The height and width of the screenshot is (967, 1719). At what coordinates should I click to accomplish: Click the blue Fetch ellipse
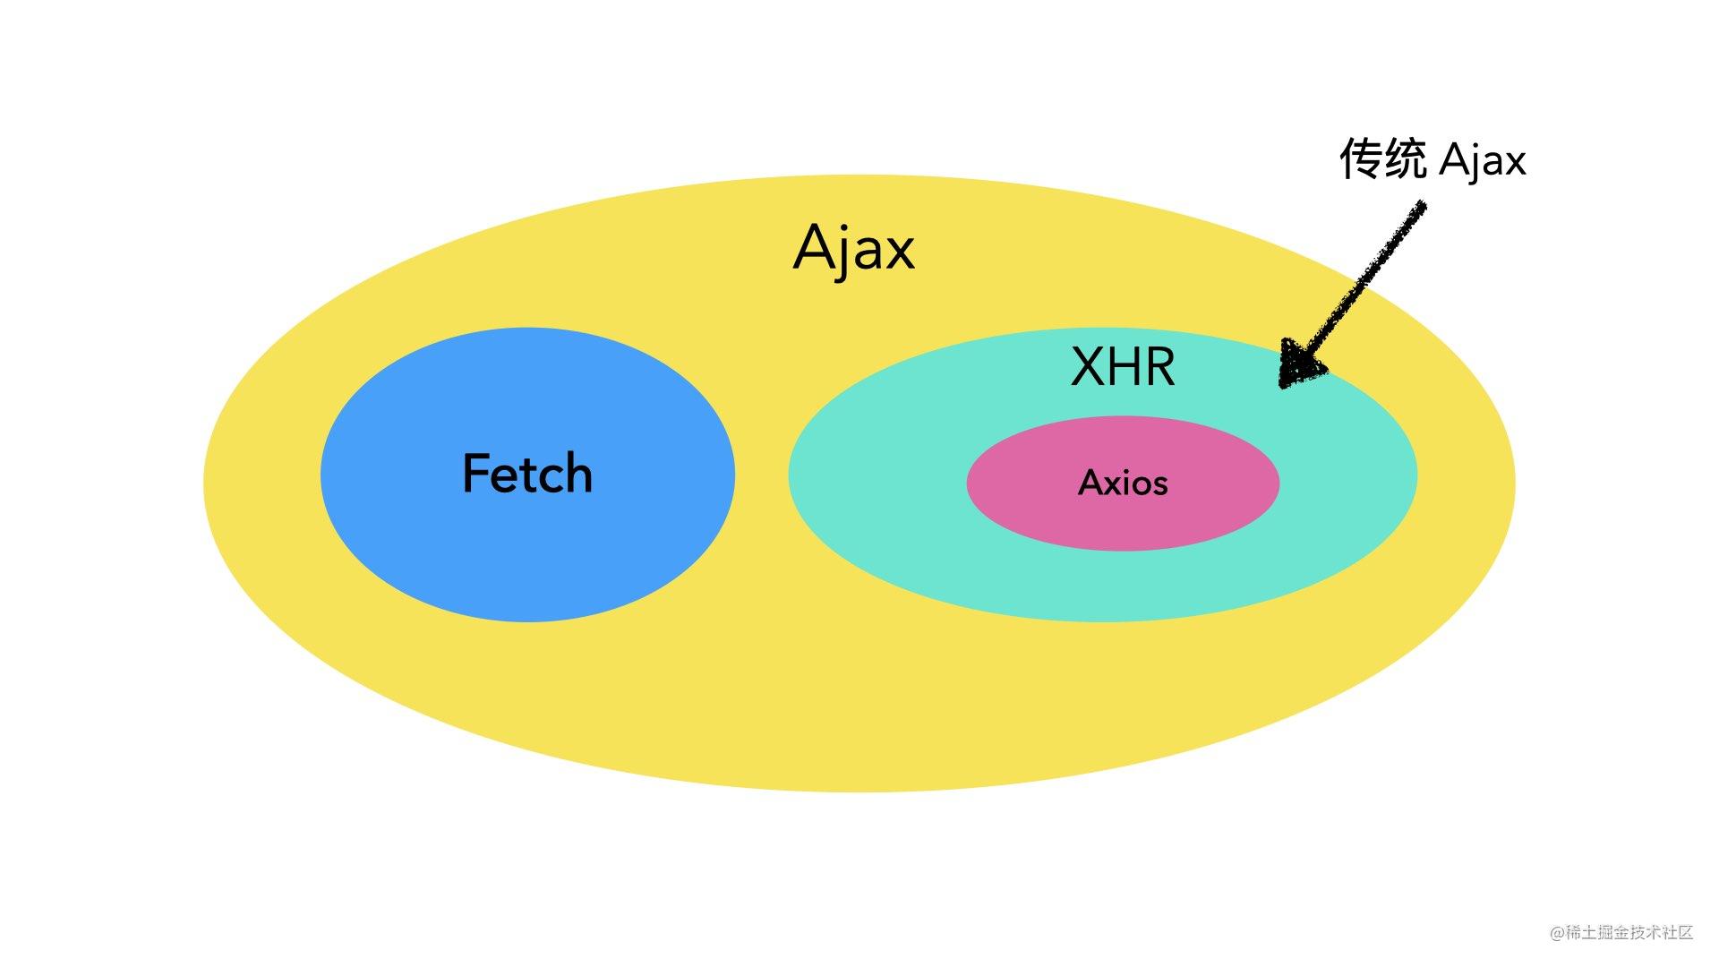[526, 555]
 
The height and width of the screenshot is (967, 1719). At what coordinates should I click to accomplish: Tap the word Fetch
[527, 474]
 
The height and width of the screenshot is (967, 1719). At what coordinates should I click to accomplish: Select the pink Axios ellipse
[1123, 524]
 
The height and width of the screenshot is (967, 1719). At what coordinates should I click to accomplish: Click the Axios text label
[1123, 483]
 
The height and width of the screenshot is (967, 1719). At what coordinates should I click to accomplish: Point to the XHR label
[1123, 367]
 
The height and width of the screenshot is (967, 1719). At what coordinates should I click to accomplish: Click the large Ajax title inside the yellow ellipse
[853, 248]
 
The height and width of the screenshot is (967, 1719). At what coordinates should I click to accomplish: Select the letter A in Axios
[1090, 483]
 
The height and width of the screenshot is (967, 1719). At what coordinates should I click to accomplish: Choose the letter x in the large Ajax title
[899, 252]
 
